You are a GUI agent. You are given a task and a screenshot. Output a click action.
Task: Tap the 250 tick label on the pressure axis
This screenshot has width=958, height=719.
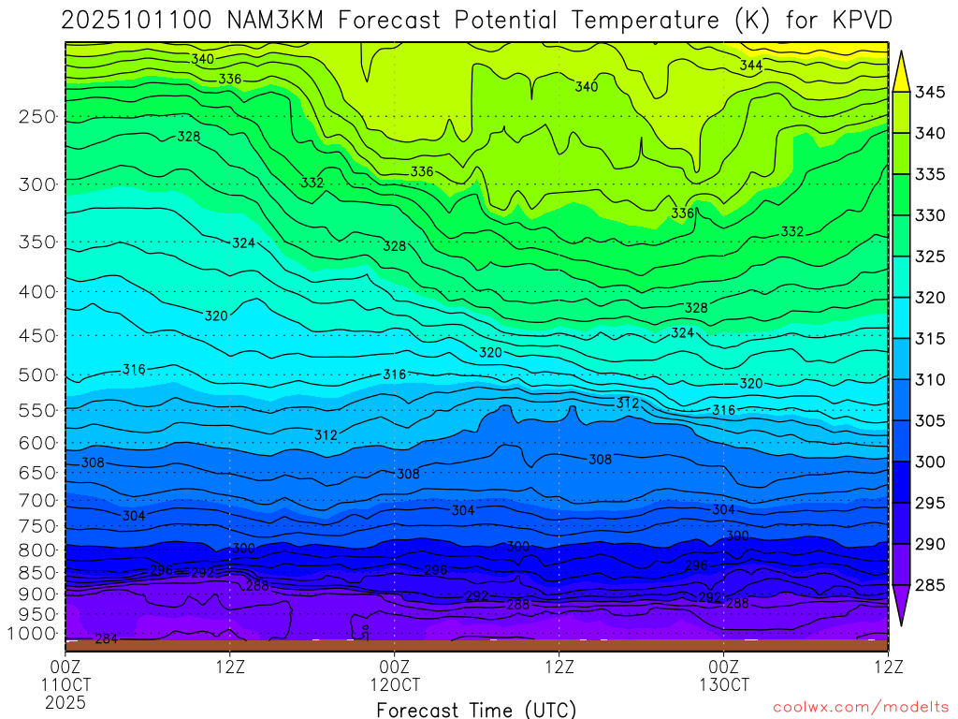tap(37, 117)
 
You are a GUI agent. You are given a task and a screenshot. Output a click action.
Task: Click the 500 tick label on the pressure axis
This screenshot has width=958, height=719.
tap(37, 375)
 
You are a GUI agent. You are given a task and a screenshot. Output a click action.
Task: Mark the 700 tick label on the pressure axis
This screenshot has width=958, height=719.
tap(37, 500)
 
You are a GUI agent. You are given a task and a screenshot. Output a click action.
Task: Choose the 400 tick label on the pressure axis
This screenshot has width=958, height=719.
tap(37, 292)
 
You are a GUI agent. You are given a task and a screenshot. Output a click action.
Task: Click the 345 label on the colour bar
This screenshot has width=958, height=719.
tap(930, 92)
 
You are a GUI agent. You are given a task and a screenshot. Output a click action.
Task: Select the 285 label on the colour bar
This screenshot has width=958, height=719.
tap(930, 585)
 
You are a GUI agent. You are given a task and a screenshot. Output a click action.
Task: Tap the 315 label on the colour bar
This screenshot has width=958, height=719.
tap(930, 338)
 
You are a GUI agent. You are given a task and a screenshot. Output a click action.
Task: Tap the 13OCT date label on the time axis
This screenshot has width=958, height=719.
tap(724, 683)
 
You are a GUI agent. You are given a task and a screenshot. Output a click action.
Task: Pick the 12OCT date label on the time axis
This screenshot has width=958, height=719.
tap(396, 683)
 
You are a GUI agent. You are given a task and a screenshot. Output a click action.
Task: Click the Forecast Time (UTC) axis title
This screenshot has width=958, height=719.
tap(476, 709)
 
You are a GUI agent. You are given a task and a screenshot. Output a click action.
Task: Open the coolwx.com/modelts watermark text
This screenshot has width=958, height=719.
tap(861, 706)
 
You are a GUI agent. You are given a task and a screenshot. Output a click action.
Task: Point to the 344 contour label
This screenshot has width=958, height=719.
tap(750, 66)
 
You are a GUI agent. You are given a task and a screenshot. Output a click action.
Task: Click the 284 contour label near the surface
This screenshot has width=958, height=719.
tap(107, 639)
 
